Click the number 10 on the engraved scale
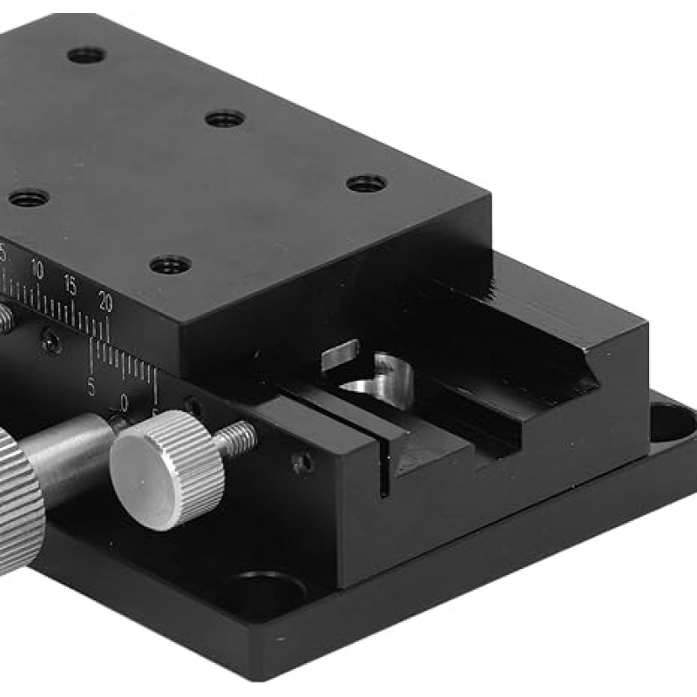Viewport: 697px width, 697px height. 36,269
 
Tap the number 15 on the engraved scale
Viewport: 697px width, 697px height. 70,285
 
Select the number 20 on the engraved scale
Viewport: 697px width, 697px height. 105,301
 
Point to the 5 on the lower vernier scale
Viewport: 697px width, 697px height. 91,384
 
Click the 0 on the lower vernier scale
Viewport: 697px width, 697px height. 125,402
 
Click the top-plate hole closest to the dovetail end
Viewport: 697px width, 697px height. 367,184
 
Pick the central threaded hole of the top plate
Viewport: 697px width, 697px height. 226,118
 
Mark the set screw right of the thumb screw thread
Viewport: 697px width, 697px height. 301,463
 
